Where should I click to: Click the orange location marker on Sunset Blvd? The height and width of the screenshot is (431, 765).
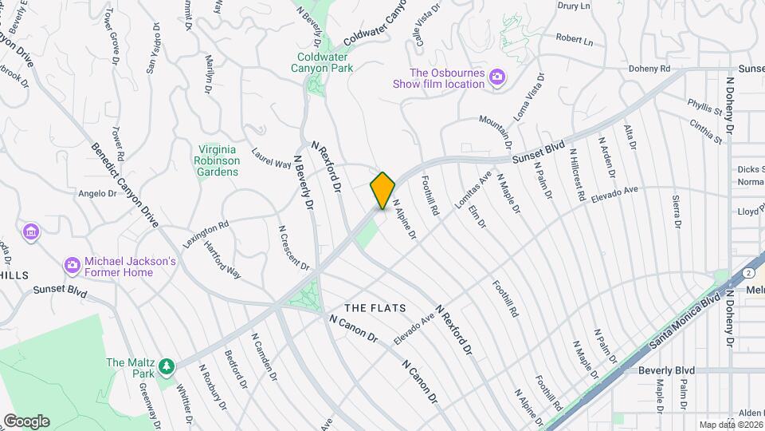[382, 191]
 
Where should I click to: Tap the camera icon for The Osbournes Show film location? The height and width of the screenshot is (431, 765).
[497, 77]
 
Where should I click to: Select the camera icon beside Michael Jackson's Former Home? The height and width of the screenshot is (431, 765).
[72, 264]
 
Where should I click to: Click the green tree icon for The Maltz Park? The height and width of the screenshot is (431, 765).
[166, 366]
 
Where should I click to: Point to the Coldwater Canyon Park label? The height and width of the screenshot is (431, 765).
[325, 62]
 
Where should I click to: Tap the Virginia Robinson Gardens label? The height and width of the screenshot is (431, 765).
[217, 160]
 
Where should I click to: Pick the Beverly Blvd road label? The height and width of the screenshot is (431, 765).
[666, 370]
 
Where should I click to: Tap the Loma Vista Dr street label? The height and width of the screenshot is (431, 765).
[529, 97]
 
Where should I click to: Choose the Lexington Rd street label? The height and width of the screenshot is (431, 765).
[206, 234]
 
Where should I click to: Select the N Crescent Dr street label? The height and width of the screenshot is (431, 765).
[293, 247]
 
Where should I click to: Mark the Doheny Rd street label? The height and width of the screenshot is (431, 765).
[649, 69]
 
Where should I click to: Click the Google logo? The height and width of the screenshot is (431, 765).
[26, 421]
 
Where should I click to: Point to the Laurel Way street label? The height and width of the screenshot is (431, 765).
[272, 157]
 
